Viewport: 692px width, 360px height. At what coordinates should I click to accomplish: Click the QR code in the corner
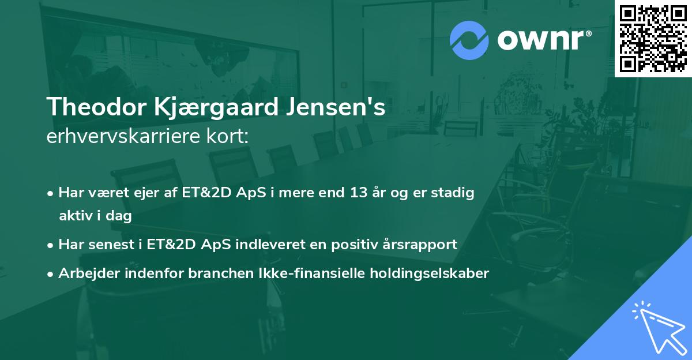tap(653, 39)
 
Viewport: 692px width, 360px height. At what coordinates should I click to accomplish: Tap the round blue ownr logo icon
tap(469, 40)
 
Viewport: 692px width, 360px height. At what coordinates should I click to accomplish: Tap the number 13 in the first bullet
tap(353, 193)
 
